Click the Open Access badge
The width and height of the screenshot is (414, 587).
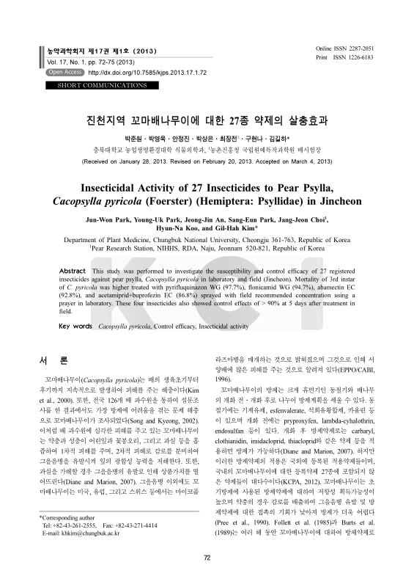pyautogui.click(x=64, y=73)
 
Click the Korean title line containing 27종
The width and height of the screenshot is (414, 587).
pyautogui.click(x=207, y=119)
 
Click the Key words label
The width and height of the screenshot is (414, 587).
pyautogui.click(x=75, y=324)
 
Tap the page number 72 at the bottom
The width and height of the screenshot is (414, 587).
pyautogui.click(x=207, y=579)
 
